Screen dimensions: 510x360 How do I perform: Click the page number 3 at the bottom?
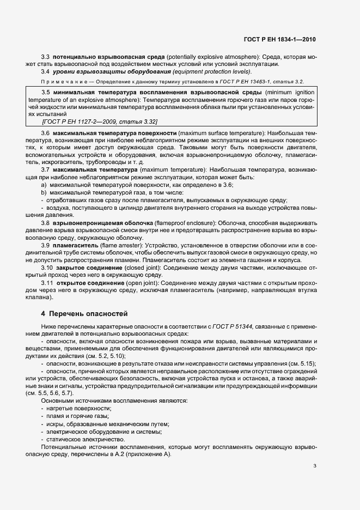click(x=314, y=465)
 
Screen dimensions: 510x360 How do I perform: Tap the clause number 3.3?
click(x=46, y=57)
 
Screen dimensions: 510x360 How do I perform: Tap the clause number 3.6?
click(x=46, y=133)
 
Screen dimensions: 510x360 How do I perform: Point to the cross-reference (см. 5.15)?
click(x=301, y=363)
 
